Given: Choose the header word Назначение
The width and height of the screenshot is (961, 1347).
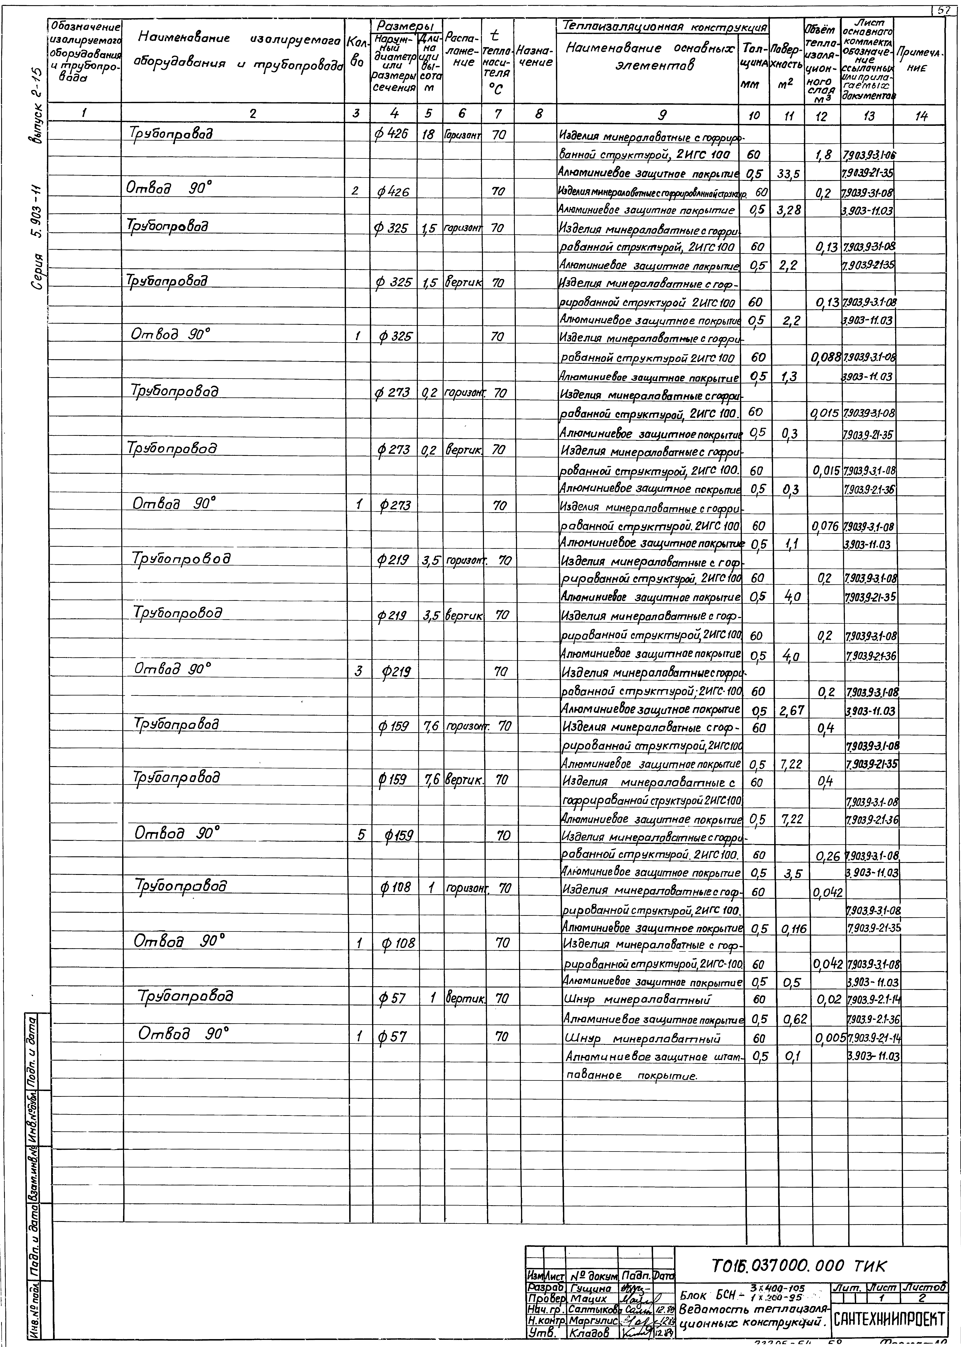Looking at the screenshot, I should click(534, 56).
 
